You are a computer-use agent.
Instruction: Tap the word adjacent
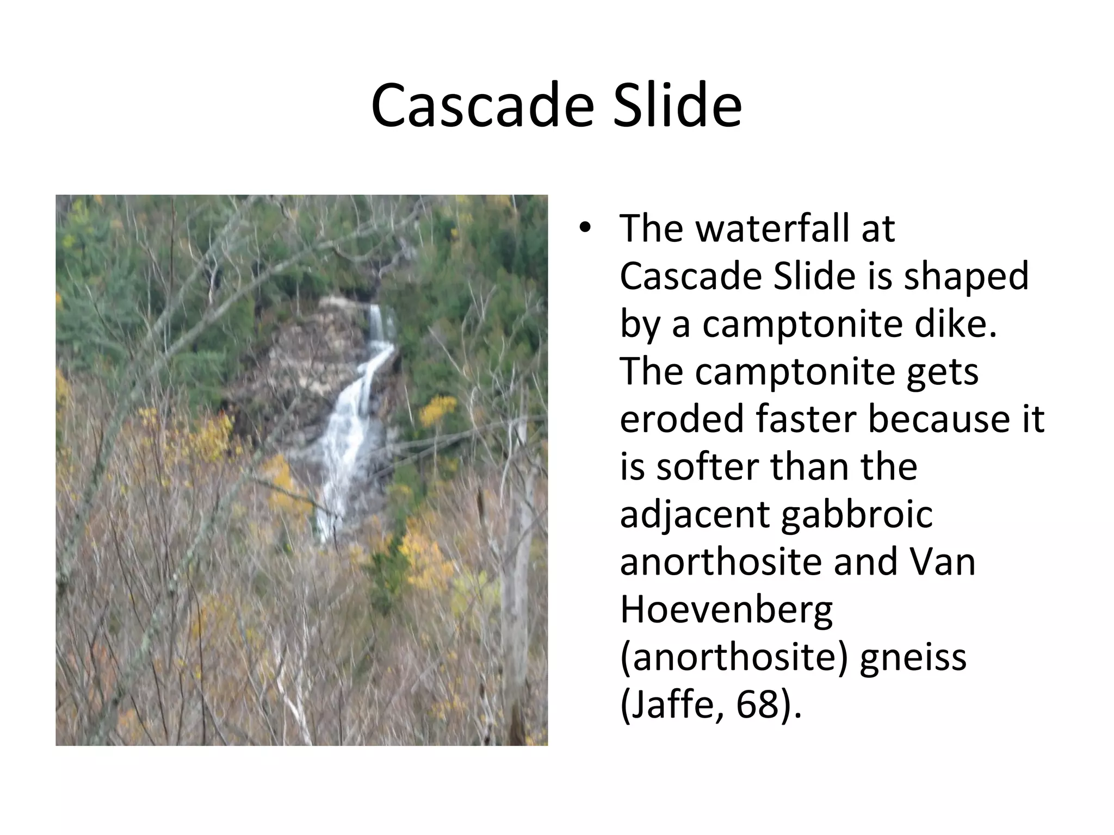695,515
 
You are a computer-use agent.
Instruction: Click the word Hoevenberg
726,610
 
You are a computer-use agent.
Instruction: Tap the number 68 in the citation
757,705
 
